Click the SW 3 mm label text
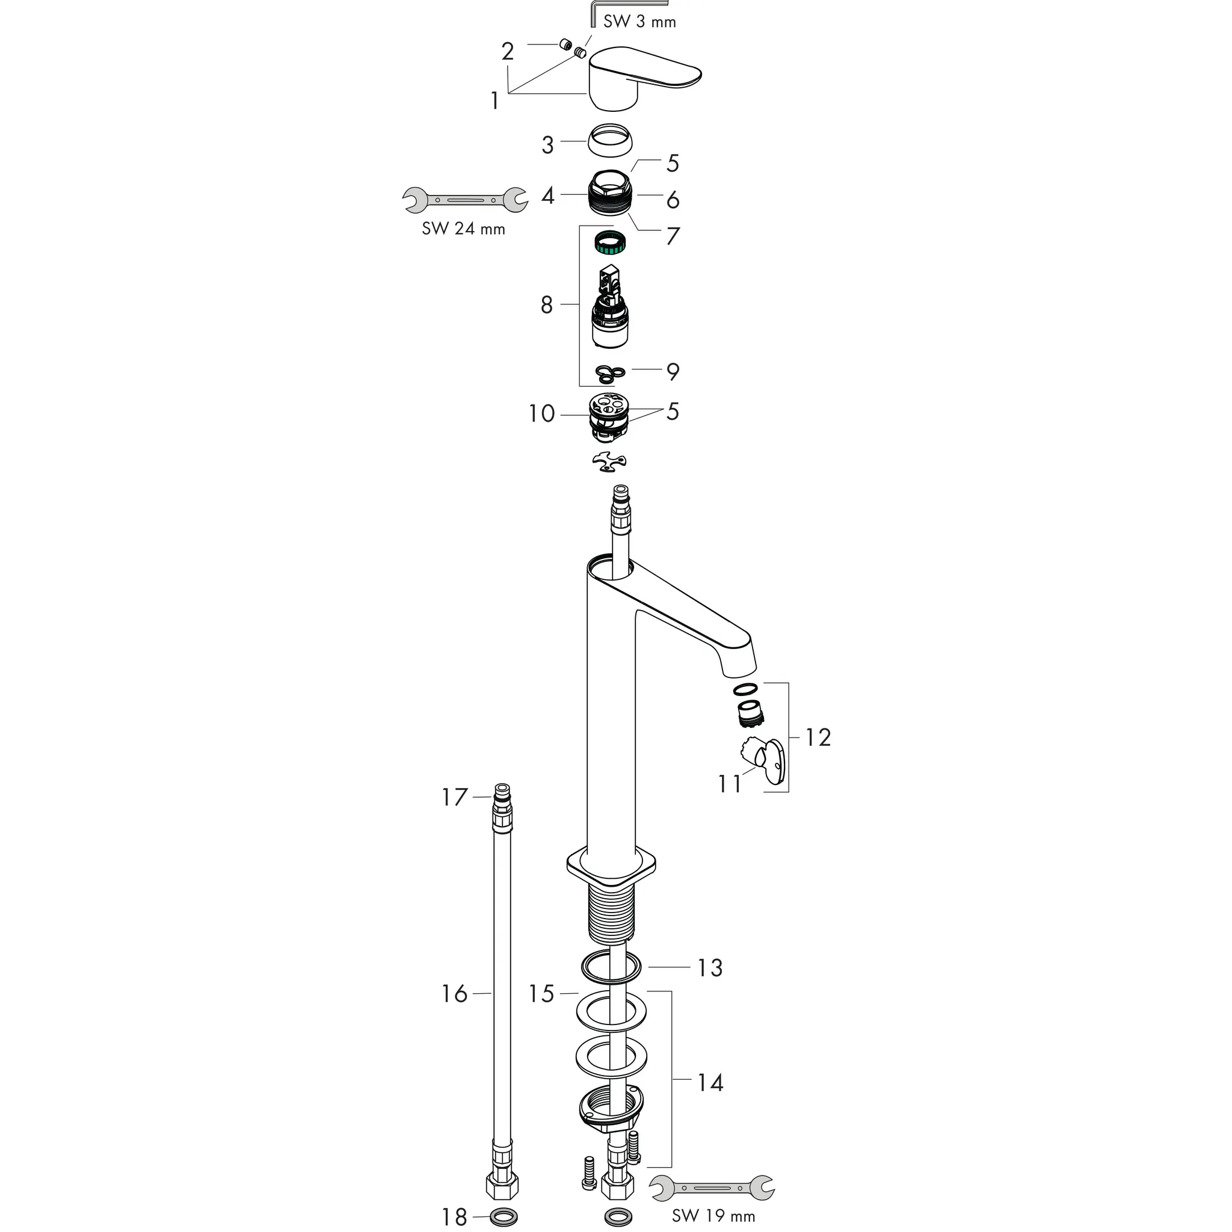point(639,22)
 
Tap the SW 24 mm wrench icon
point(464,200)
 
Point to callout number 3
point(548,146)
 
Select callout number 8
point(546,305)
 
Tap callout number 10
point(541,413)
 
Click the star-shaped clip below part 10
point(609,463)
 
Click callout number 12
point(818,738)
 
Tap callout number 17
point(455,797)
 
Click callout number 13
point(710,968)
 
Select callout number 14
point(710,1083)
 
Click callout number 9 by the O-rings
point(673,371)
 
